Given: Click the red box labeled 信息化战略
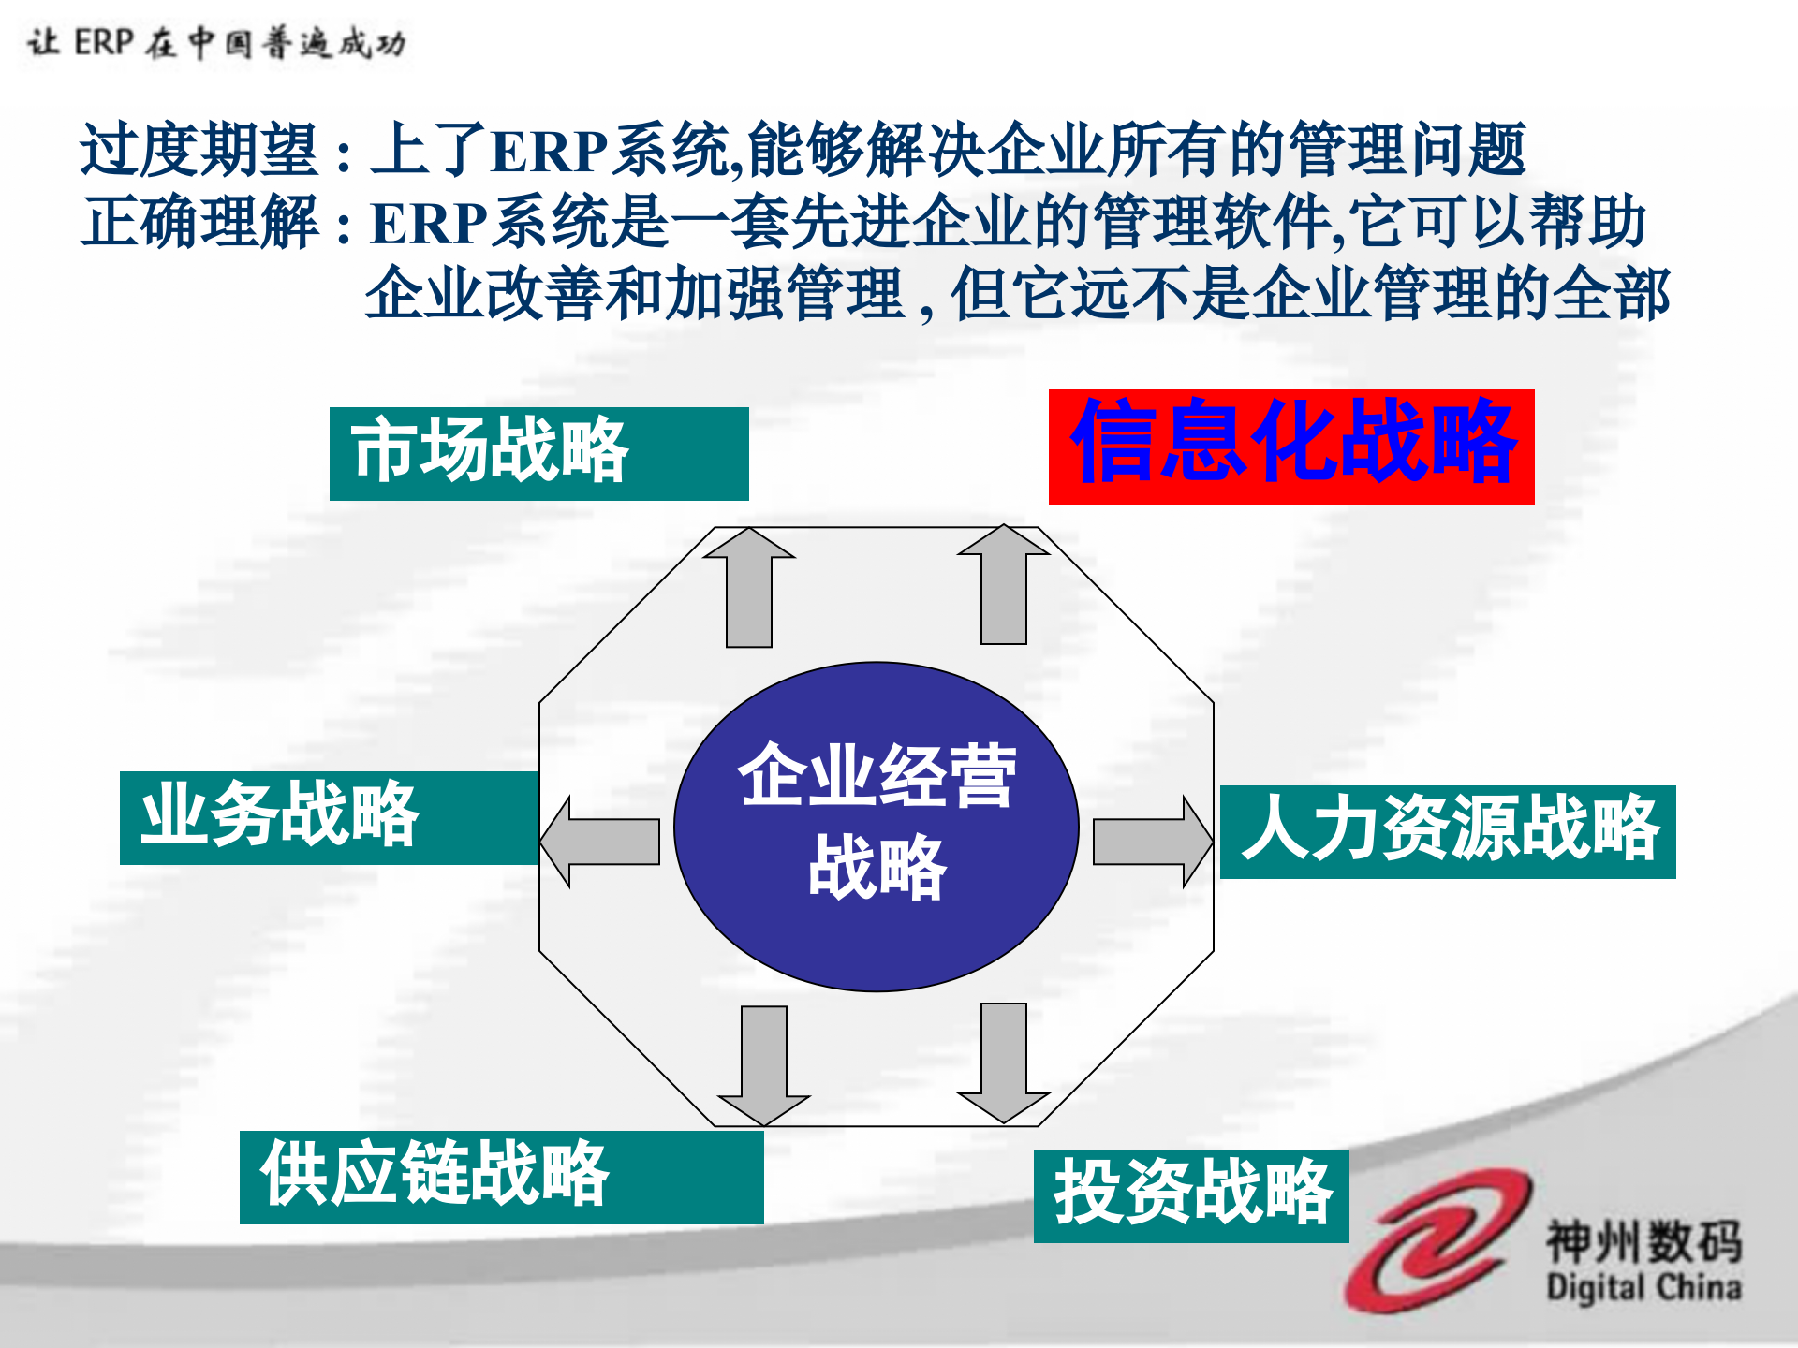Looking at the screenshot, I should (x=1290, y=447).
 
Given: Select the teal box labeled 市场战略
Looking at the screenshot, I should (x=538, y=453).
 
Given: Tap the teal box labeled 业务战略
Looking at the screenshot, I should (x=329, y=817).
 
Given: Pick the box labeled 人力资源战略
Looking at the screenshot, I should (x=1448, y=831).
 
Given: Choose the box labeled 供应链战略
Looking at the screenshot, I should (x=501, y=1177).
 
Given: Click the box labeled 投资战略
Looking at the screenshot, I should (x=1190, y=1195).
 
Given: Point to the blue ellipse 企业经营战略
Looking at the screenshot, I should (x=876, y=826).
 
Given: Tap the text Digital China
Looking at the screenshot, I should (x=1643, y=1287).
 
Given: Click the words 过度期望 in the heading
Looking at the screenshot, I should (x=199, y=150).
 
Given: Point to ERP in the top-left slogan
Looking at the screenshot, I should (x=104, y=42).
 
